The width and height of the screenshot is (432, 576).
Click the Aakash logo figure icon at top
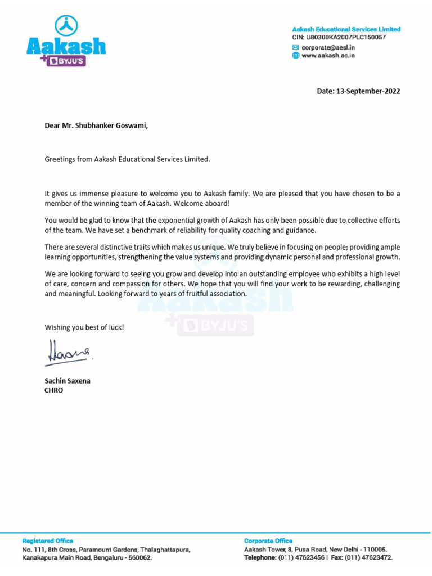pos(66,25)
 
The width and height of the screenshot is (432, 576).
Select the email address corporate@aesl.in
pos(328,47)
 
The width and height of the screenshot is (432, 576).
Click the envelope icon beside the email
pos(296,47)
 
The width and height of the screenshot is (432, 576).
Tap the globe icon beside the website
pos(296,56)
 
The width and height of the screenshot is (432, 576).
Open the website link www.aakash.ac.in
pos(328,56)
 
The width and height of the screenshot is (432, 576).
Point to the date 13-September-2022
pos(368,91)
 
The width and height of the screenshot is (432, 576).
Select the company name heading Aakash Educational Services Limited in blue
pos(346,29)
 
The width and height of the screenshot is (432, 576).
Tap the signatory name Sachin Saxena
pos(67,381)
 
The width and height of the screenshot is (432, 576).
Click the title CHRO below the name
pos(54,390)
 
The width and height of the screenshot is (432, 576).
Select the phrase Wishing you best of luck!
pos(84,327)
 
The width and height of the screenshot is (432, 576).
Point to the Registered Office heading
pos(47,541)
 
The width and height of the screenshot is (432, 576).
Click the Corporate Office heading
pos(268,541)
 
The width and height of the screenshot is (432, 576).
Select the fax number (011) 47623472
pos(369,558)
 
